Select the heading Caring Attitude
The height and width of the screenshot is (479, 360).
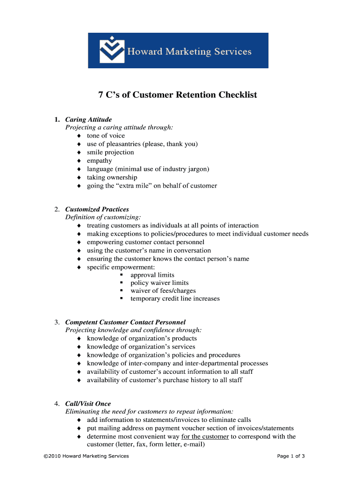(x=88, y=119)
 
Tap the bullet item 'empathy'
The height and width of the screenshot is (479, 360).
(x=99, y=160)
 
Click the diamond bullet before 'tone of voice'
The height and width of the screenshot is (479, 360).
(x=79, y=136)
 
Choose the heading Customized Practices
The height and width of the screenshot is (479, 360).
(x=97, y=209)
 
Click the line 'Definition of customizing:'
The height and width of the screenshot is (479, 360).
(x=103, y=217)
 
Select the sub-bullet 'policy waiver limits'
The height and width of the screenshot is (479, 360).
(x=159, y=283)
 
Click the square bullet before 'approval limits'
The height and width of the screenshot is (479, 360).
(x=121, y=275)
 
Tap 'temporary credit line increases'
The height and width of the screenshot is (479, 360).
(x=175, y=298)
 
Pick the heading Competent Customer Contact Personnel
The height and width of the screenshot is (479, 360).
(x=125, y=322)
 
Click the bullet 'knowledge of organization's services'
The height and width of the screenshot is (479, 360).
(x=141, y=347)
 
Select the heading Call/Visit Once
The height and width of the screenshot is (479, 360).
(x=88, y=403)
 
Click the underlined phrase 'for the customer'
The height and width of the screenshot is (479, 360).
(x=205, y=436)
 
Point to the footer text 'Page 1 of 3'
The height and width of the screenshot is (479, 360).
(x=291, y=456)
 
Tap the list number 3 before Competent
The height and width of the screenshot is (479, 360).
(x=56, y=322)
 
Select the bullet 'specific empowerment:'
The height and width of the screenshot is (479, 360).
(x=121, y=267)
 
